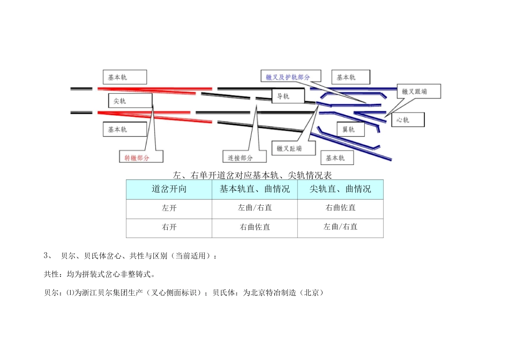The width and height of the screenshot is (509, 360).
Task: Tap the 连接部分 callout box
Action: [244, 157]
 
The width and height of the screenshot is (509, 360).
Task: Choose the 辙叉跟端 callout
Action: [418, 92]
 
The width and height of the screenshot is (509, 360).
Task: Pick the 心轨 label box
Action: [408, 120]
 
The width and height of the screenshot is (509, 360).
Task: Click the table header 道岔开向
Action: [169, 190]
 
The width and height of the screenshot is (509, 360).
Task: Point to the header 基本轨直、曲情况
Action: [254, 190]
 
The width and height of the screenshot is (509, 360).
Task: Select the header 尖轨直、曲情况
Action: [340, 190]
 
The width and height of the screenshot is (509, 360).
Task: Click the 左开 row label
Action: [169, 208]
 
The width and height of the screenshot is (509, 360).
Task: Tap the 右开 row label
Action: [169, 227]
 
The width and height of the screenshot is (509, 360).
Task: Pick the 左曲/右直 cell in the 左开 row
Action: [254, 208]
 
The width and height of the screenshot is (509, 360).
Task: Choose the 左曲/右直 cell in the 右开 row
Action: [340, 227]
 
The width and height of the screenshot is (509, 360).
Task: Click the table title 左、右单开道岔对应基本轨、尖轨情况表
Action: [254, 175]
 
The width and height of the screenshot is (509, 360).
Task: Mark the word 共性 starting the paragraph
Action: [51, 274]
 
